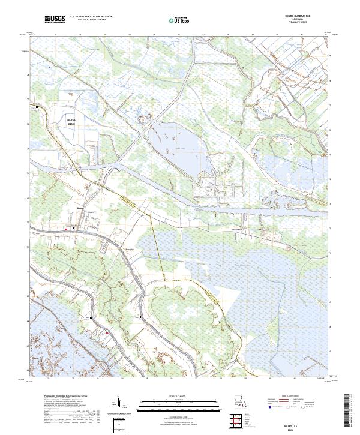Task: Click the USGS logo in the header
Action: [55, 19]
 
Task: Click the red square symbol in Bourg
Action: [66, 228]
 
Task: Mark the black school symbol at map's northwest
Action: [37, 107]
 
